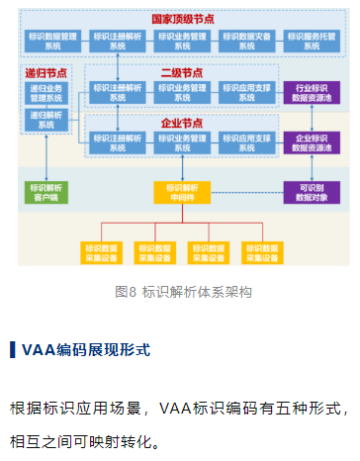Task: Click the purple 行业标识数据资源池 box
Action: (x=312, y=93)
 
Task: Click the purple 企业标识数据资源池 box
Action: (x=312, y=141)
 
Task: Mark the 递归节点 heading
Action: (x=45, y=74)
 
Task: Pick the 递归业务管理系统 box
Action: (x=46, y=93)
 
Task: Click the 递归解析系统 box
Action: (x=46, y=120)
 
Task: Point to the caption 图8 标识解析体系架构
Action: (x=183, y=292)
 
